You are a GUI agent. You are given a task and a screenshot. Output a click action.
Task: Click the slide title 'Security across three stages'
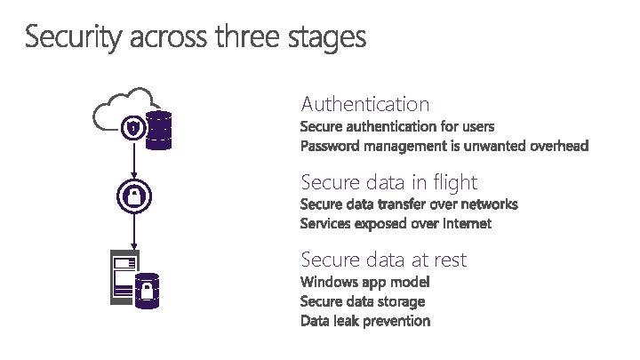click(x=195, y=38)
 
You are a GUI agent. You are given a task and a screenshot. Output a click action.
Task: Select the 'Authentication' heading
click(x=365, y=104)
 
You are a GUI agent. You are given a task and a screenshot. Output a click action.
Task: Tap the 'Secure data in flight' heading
click(x=389, y=183)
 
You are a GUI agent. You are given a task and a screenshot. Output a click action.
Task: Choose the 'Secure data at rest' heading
click(x=384, y=260)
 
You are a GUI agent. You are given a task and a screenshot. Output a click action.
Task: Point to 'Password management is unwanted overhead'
click(x=444, y=145)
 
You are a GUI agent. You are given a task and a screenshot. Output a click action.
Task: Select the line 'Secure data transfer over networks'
click(x=409, y=204)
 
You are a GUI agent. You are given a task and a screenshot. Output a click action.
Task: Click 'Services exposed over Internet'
click(x=396, y=223)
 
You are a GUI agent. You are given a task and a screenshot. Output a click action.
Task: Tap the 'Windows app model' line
click(x=365, y=282)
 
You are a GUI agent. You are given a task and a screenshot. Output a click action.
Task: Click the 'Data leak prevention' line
click(x=365, y=321)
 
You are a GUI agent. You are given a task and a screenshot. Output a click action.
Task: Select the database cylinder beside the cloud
click(x=159, y=131)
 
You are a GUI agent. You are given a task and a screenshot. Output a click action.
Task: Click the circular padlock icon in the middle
click(x=133, y=196)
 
